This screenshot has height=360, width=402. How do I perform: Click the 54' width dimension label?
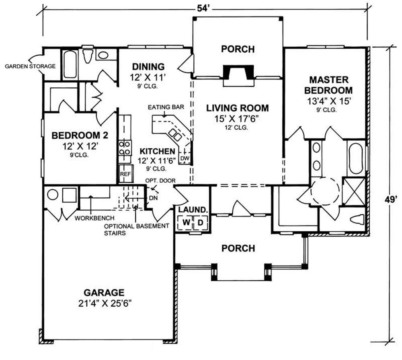[x=203, y=8]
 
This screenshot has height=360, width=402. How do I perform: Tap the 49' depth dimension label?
[x=391, y=200]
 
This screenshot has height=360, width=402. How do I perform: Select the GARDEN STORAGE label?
[x=30, y=66]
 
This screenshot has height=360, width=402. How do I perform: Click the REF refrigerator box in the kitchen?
[x=125, y=174]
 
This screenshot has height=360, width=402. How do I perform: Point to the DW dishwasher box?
[x=185, y=158]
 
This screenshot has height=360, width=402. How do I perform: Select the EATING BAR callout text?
[x=166, y=107]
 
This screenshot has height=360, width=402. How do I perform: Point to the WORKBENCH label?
[x=94, y=218]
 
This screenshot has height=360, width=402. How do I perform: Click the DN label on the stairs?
[x=153, y=198]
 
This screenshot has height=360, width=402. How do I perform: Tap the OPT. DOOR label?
[x=160, y=181]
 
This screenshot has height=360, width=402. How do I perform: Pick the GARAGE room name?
[x=104, y=292]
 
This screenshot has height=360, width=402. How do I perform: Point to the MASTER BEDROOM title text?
[x=329, y=85]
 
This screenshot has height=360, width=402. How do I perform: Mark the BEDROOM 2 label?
[x=80, y=135]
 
